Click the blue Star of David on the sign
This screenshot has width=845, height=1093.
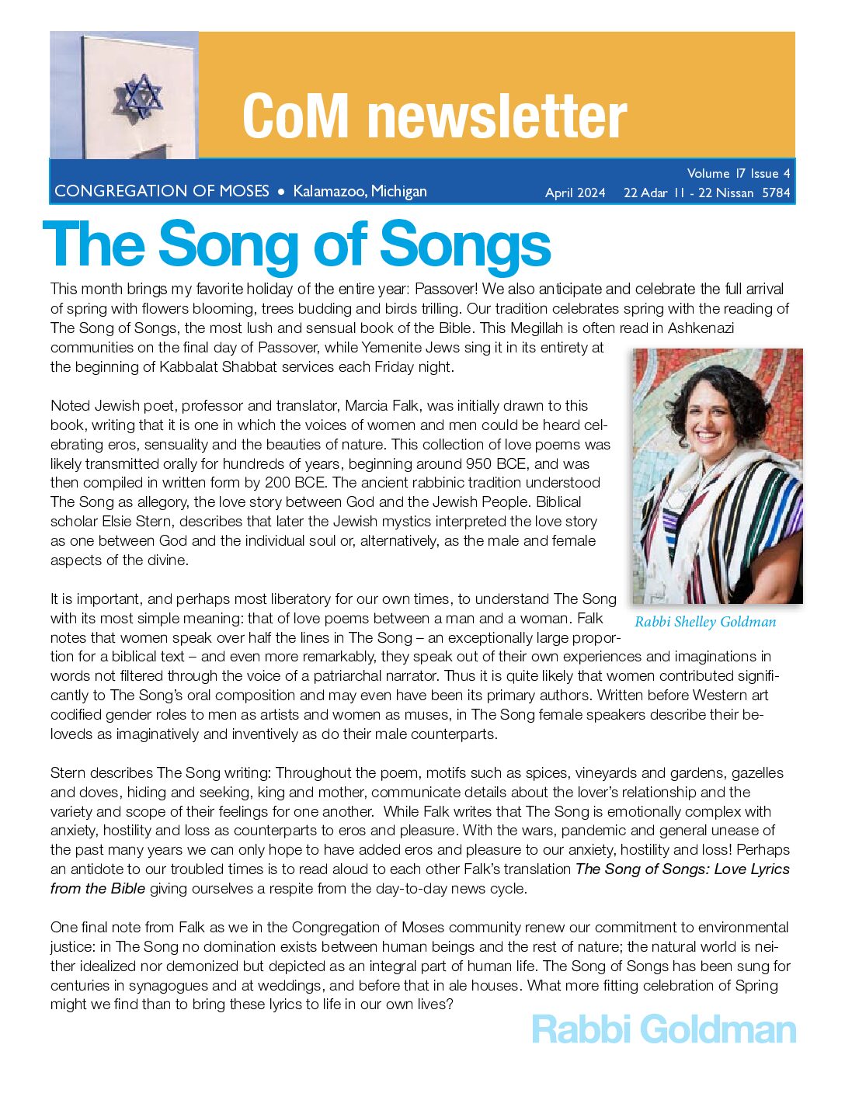pyautogui.click(x=141, y=95)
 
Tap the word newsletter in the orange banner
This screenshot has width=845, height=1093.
pyautogui.click(x=497, y=116)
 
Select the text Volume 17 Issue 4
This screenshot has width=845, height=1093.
pyautogui.click(x=738, y=173)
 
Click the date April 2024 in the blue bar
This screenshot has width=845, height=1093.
pyautogui.click(x=575, y=193)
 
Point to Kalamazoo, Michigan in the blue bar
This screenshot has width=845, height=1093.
pyautogui.click(x=360, y=191)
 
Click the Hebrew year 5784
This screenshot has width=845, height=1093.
pyautogui.click(x=776, y=193)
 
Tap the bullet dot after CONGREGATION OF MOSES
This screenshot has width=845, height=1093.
pyautogui.click(x=281, y=192)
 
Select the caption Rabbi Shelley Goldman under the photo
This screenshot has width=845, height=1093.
pyautogui.click(x=705, y=622)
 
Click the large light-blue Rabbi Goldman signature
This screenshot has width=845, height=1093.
pyautogui.click(x=664, y=1029)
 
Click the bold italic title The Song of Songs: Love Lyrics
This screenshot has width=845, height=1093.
pyautogui.click(x=683, y=869)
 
